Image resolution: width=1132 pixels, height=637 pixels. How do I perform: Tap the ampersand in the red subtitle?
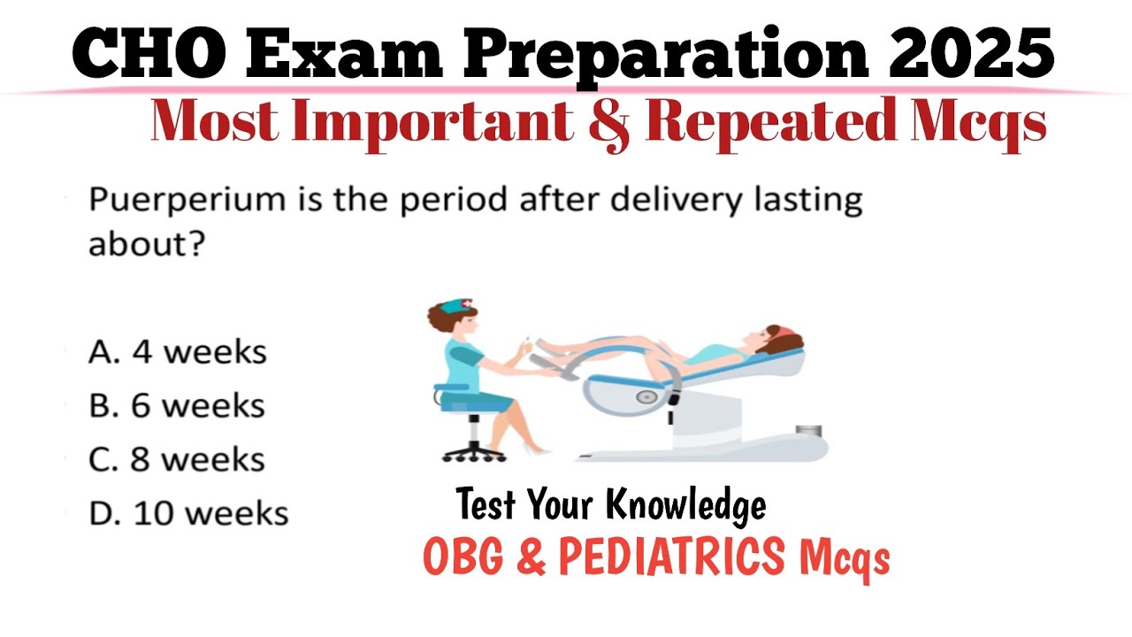pyautogui.click(x=607, y=123)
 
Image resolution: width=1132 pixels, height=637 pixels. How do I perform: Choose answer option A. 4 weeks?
pyautogui.click(x=177, y=351)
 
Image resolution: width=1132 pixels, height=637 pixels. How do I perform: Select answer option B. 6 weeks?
pyautogui.click(x=177, y=405)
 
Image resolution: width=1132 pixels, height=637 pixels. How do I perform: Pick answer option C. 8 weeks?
pyautogui.click(x=177, y=459)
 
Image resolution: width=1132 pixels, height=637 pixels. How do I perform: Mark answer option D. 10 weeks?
pyautogui.click(x=188, y=513)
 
